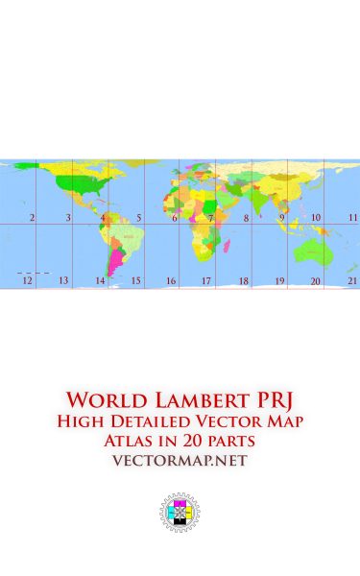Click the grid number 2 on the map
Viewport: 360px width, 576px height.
pyautogui.click(x=32, y=219)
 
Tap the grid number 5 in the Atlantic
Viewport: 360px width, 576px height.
pyautogui.click(x=138, y=219)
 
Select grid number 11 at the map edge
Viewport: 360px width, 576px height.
pyautogui.click(x=352, y=219)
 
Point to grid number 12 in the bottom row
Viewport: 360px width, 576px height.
pyautogui.click(x=27, y=280)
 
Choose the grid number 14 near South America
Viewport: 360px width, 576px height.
pyautogui.click(x=100, y=281)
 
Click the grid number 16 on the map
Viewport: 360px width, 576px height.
pyautogui.click(x=171, y=281)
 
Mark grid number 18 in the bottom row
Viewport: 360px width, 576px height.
pyautogui.click(x=244, y=281)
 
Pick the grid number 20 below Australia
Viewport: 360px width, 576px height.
pyautogui.click(x=315, y=281)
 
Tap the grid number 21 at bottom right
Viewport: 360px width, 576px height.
pyautogui.click(x=352, y=280)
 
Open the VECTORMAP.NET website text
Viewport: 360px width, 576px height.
pyautogui.click(x=180, y=461)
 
